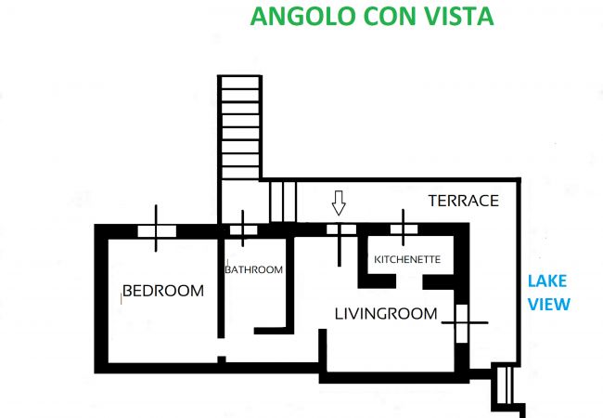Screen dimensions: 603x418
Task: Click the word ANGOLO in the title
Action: [302, 16]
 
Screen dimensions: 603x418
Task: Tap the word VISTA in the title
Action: [456, 16]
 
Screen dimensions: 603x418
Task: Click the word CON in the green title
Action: [387, 16]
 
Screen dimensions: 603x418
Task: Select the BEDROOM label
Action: [163, 291]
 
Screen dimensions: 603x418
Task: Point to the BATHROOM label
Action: [254, 269]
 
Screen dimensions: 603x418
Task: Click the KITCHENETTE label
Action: [407, 259]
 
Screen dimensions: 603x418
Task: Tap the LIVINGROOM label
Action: [386, 314]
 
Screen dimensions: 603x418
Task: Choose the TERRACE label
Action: [464, 201]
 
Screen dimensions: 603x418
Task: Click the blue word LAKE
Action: [546, 281]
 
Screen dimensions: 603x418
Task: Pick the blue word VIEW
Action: [549, 304]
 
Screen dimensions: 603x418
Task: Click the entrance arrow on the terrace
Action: [339, 202]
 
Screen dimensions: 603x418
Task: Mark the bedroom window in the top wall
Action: [157, 231]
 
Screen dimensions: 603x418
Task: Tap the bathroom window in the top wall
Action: [243, 229]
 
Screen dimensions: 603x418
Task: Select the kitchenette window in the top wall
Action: [404, 229]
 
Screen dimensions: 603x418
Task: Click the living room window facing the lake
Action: [462, 323]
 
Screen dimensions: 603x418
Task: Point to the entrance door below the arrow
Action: [341, 229]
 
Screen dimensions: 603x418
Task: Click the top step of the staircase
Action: [240, 83]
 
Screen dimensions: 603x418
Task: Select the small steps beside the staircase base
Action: [283, 202]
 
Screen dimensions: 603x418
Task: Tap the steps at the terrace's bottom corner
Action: [505, 385]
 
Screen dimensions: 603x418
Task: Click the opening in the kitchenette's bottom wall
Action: [409, 281]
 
